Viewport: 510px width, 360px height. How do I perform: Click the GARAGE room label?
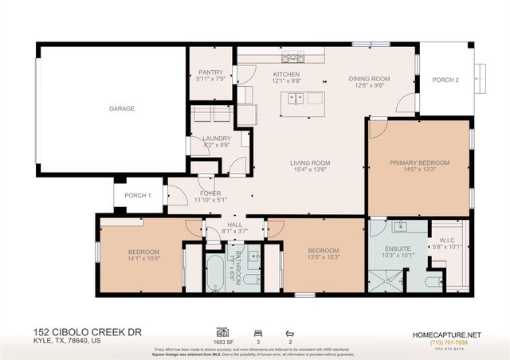click(x=122, y=108)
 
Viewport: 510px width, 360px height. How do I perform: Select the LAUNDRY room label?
click(x=217, y=138)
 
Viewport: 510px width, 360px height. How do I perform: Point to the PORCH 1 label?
click(x=138, y=195)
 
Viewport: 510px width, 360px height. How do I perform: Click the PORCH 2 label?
click(x=445, y=80)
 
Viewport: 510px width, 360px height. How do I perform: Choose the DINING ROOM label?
click(x=369, y=78)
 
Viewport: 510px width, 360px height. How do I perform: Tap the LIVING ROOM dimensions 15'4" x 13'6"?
click(x=309, y=170)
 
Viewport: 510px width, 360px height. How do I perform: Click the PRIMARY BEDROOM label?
click(x=419, y=162)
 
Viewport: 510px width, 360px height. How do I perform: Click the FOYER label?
click(x=210, y=193)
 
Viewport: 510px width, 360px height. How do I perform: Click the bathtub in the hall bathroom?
click(x=215, y=273)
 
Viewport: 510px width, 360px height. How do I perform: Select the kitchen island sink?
click(x=296, y=99)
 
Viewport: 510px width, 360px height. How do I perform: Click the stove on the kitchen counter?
click(x=296, y=57)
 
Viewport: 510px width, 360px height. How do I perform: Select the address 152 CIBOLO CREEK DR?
click(x=80, y=330)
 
